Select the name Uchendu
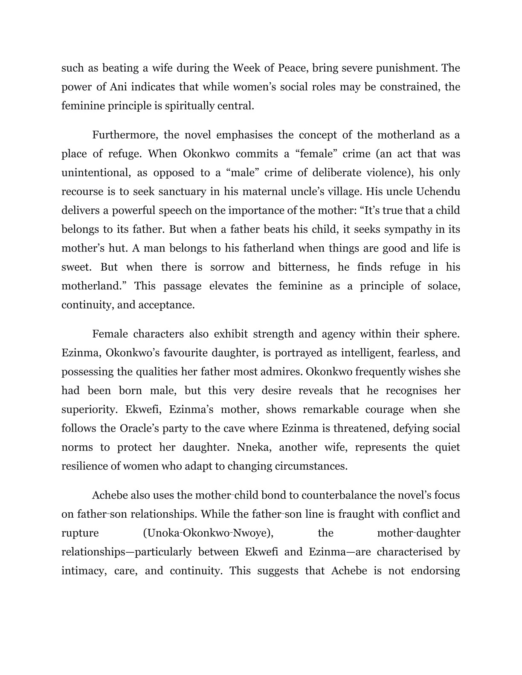pyautogui.click(x=438, y=191)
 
